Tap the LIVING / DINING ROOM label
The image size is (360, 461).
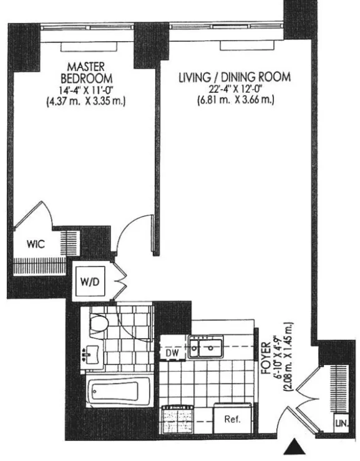pos(234,77)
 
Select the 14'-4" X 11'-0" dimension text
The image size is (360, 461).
pos(87,89)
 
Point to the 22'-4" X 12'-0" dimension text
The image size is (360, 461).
pos(235,89)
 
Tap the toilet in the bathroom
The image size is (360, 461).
pos(99,323)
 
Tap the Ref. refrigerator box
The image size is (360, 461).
pos(233,419)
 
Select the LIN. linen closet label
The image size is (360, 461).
pos(340,422)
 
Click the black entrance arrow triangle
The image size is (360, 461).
pos(295,449)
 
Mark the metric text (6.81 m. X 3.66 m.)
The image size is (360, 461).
pos(235,100)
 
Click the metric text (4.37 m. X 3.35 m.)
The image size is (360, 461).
pos(87,100)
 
